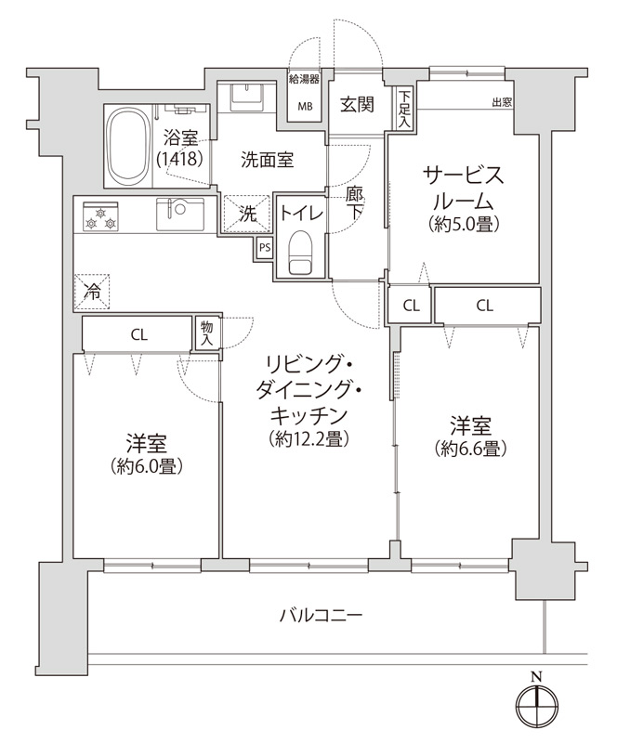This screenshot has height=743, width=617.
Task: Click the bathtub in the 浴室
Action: (127, 147)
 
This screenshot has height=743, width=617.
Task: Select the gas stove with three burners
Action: (100, 216)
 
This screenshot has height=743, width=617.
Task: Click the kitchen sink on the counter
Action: (180, 215)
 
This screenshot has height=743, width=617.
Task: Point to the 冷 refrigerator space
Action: (92, 293)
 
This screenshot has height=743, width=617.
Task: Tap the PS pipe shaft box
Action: (265, 247)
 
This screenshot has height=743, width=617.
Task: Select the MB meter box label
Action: (305, 106)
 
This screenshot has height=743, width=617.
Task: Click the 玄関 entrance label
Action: (357, 104)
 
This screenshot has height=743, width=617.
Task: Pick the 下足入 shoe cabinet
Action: (404, 108)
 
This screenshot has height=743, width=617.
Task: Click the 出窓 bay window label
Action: (502, 102)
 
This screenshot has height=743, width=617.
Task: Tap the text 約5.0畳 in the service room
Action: (465, 225)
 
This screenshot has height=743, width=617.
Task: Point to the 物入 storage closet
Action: (207, 333)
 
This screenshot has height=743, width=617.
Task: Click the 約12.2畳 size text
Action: (309, 438)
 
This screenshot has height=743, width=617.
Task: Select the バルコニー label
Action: (322, 616)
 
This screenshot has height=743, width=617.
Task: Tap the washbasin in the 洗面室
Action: (246, 96)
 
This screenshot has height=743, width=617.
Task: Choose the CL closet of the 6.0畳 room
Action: (137, 334)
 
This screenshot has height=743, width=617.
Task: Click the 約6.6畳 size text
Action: (470, 448)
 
